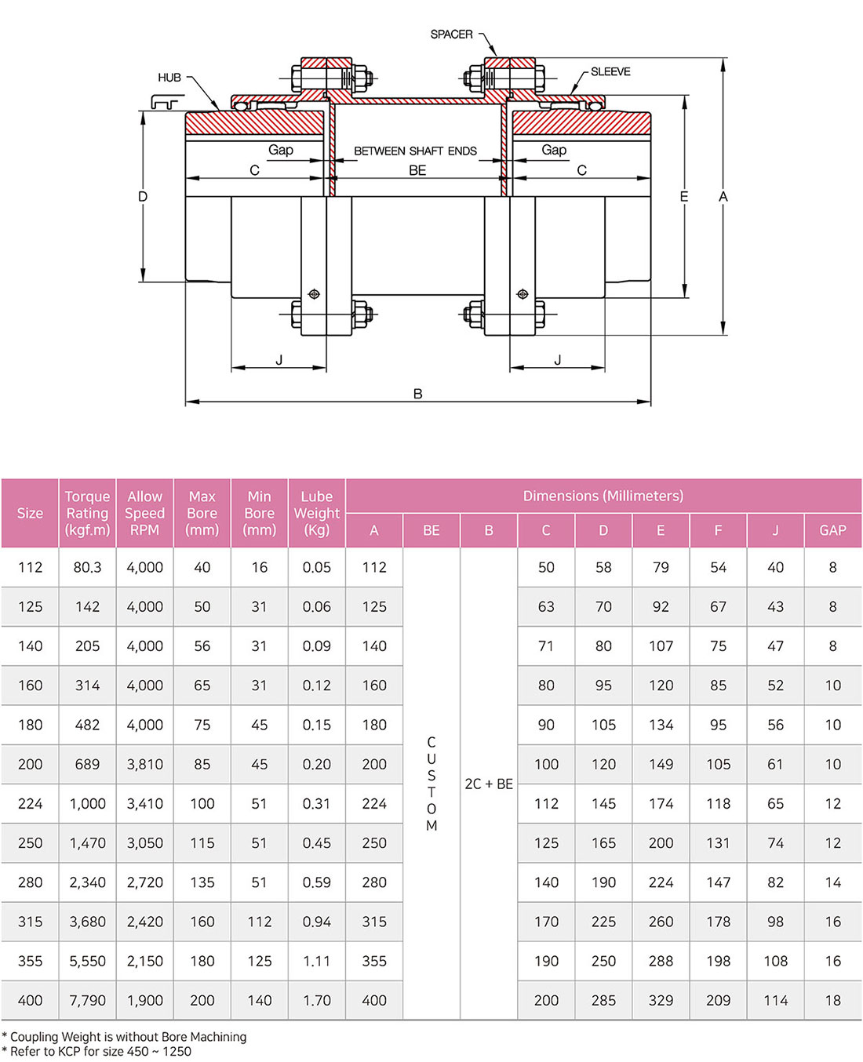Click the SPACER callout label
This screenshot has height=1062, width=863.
(x=451, y=35)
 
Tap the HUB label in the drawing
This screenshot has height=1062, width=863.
(x=169, y=78)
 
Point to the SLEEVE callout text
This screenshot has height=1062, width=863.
(x=610, y=72)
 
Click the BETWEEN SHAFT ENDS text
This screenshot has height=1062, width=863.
(x=415, y=151)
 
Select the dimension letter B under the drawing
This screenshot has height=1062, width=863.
(x=418, y=394)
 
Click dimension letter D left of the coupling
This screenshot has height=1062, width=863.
(x=143, y=196)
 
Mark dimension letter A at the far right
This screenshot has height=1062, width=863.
(x=723, y=196)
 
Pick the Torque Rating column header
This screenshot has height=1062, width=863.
(x=87, y=513)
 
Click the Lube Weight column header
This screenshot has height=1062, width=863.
(x=317, y=513)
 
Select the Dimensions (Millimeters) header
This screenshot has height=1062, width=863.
(x=603, y=496)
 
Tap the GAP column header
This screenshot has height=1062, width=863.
(x=832, y=530)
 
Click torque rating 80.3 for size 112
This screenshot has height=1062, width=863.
(x=87, y=567)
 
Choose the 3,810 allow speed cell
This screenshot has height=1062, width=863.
(x=144, y=764)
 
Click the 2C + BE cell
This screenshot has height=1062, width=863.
(x=489, y=784)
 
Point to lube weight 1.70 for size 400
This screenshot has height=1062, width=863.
(x=317, y=1000)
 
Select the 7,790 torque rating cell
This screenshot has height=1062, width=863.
(x=87, y=1000)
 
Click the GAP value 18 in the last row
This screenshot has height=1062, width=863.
(x=832, y=1000)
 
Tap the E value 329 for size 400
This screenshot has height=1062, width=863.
(x=661, y=1000)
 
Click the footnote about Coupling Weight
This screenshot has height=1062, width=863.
(x=124, y=1037)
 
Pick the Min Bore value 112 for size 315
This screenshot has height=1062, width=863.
(x=259, y=922)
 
